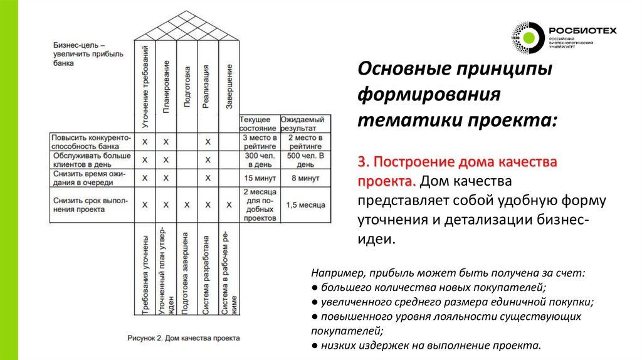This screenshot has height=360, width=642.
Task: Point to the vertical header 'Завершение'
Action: [229, 88]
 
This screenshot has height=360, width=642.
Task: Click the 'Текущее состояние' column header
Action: [258, 124]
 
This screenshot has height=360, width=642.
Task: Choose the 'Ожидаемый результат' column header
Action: [302, 124]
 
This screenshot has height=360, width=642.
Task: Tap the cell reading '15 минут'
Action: [258, 178]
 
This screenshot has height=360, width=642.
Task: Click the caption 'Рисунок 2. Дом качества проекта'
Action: [184, 338]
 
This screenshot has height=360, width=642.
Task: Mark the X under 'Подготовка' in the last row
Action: [187, 204]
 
